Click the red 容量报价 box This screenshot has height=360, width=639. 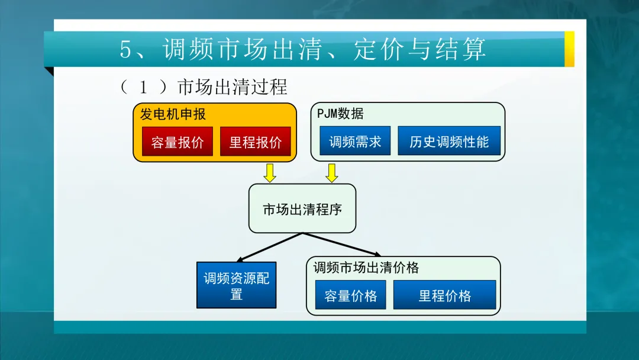(177, 142)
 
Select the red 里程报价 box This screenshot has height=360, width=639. (256, 142)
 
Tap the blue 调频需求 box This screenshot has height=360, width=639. (355, 141)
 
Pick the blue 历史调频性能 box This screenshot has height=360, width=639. (449, 141)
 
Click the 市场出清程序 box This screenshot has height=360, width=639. (302, 208)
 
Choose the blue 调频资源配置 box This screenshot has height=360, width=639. (236, 285)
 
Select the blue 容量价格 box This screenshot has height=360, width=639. (350, 295)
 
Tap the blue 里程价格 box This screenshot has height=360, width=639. (444, 295)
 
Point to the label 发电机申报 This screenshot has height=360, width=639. (173, 114)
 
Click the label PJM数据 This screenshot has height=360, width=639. (340, 113)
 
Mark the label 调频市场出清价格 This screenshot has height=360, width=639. (366, 268)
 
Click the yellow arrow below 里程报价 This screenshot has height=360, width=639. (270, 173)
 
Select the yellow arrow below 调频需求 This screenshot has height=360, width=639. (332, 173)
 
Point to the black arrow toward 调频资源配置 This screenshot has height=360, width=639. (269, 247)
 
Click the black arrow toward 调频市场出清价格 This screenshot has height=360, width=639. (341, 245)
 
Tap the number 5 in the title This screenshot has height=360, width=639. (126, 49)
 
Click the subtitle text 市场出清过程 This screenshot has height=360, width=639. (233, 87)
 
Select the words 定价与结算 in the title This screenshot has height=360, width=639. (419, 49)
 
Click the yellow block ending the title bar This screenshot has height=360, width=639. (569, 49)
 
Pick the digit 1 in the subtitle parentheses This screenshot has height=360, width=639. (143, 87)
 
